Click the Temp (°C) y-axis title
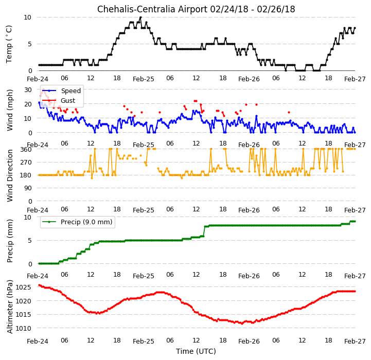(x=9, y=44)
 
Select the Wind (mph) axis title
(x=9, y=110)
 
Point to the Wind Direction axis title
(x=9, y=175)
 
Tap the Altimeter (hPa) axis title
(x=9, y=307)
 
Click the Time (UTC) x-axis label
(x=196, y=351)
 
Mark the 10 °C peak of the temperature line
(x=140, y=17)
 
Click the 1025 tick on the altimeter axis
(x=23, y=287)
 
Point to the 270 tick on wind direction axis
(x=26, y=163)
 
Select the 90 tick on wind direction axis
(x=28, y=188)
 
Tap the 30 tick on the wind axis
(x=28, y=90)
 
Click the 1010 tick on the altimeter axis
(x=23, y=328)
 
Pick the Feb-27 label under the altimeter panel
(x=355, y=341)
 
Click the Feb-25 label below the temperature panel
(x=144, y=79)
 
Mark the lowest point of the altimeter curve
(x=242, y=323)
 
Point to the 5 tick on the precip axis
(x=30, y=241)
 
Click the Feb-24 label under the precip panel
(x=38, y=276)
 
